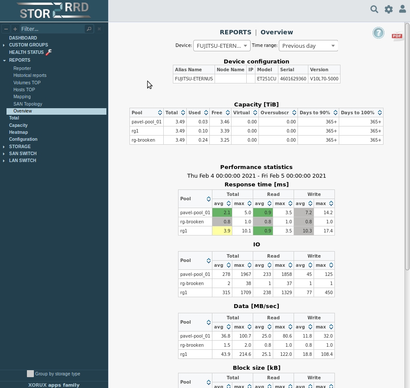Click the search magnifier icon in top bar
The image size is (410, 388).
374,9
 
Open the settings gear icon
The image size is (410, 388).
388,9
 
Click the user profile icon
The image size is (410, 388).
402,9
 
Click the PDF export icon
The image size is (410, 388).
397,36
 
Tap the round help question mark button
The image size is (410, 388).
378,33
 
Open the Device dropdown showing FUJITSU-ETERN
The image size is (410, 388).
222,46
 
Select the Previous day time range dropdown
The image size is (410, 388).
308,46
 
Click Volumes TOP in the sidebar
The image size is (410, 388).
27,83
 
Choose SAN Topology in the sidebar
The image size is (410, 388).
28,104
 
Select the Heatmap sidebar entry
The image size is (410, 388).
18,132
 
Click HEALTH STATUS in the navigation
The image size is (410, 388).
26,52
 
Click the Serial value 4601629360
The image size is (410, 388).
293,79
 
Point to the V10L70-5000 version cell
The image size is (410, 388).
324,79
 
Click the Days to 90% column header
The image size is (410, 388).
315,113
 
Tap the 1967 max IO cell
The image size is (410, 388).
242,274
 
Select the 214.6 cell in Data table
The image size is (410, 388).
242,354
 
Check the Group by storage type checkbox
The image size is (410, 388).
30,374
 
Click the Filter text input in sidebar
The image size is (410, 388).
52,29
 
